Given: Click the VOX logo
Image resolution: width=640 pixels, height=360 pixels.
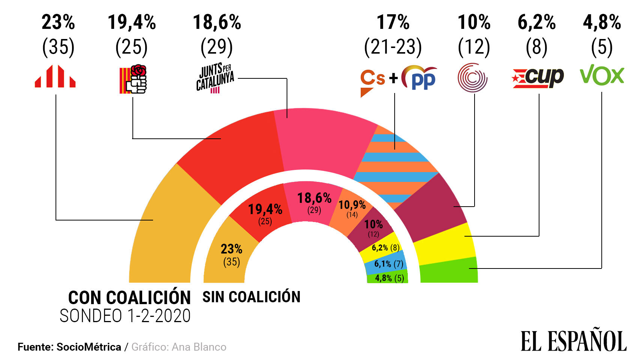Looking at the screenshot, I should click(602, 75).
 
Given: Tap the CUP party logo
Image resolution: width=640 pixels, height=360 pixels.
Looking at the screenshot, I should click(538, 78).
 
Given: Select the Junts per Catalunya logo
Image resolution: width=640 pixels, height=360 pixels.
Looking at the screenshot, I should click(215, 78).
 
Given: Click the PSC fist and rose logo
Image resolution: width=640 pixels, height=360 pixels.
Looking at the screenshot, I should click(133, 79).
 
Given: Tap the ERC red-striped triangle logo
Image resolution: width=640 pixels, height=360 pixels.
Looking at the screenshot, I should click(55, 76).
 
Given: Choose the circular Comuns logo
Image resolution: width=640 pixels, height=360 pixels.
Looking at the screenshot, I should click(472, 78).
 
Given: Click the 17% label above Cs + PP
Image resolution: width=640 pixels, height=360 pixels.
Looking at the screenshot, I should click(393, 22).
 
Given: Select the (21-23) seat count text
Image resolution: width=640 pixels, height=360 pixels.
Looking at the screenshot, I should click(393, 47).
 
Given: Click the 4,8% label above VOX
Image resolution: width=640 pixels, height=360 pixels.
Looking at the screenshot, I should click(602, 22).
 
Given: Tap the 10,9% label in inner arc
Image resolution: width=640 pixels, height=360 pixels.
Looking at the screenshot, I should click(352, 205).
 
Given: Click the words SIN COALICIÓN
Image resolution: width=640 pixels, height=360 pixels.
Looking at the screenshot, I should click(251, 297).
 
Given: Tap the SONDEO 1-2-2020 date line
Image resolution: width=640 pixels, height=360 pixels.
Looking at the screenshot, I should click(125, 316).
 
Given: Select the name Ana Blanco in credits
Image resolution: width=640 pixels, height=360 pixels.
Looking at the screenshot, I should click(199, 347).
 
